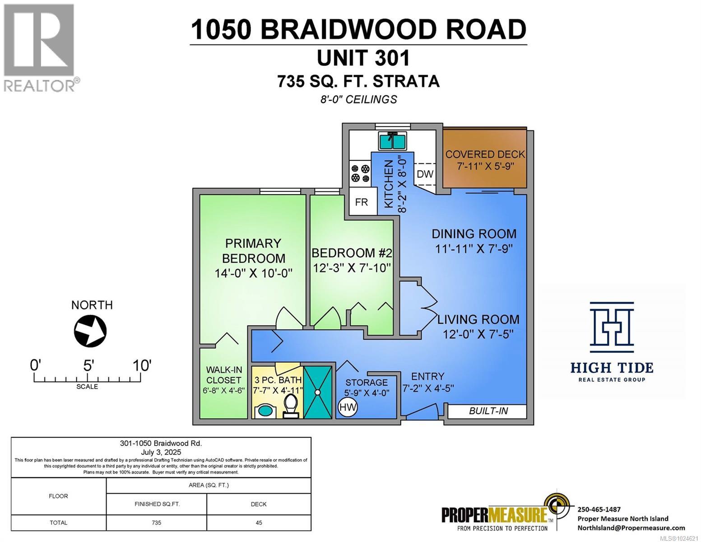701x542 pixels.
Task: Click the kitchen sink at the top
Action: click(x=392, y=141)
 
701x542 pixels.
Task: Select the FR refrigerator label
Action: click(x=361, y=202)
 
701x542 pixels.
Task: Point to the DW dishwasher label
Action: click(x=425, y=174)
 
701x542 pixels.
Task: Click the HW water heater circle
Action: click(x=348, y=407)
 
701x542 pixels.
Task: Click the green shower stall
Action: click(x=318, y=391)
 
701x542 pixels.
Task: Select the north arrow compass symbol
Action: click(x=90, y=331)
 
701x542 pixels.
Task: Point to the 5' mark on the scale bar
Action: click(x=88, y=365)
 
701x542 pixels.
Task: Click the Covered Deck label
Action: click(x=485, y=154)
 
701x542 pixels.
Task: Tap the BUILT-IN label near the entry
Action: click(x=488, y=411)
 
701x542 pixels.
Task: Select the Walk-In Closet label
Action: click(x=223, y=374)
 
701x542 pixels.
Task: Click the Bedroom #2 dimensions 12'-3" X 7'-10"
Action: click(x=352, y=268)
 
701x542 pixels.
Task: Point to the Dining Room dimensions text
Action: click(x=474, y=249)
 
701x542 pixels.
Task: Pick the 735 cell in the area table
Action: click(x=156, y=523)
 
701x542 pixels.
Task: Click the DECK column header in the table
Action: click(x=259, y=504)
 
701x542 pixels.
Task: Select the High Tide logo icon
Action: click(x=612, y=327)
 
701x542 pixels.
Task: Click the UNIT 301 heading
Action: click(x=363, y=58)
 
